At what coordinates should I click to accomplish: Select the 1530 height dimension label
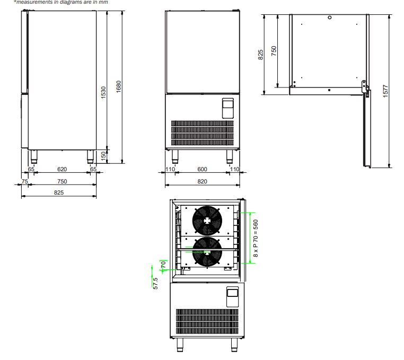tap(104, 92)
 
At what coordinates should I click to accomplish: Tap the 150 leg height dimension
tap(104, 155)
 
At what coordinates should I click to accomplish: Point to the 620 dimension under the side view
tap(62, 169)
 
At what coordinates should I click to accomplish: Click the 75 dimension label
tap(24, 181)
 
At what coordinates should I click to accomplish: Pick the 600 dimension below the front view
tap(202, 169)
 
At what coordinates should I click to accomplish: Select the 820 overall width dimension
tap(202, 181)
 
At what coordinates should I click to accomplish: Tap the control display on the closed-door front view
tap(227, 108)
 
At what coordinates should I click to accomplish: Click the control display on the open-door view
tap(233, 296)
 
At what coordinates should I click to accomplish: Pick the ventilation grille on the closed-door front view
tap(202, 133)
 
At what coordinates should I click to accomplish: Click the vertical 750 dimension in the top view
tap(274, 51)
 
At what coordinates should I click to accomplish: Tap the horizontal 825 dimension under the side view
tap(58, 192)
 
